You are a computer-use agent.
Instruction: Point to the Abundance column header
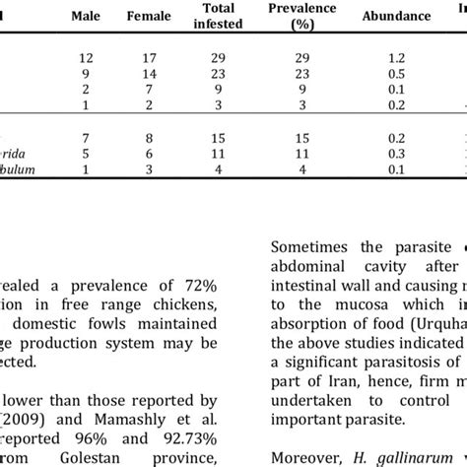[x=396, y=16]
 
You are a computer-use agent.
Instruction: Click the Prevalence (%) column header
[x=302, y=16]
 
